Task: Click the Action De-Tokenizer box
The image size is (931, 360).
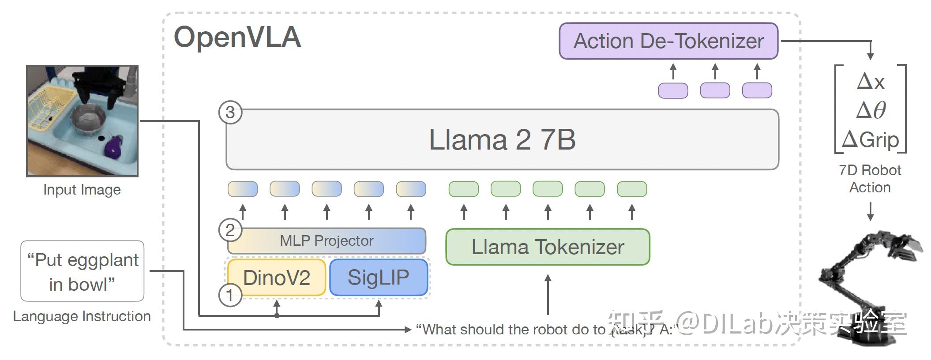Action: click(668, 41)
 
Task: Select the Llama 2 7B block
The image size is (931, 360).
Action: click(502, 139)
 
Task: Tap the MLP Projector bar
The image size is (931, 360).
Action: click(327, 240)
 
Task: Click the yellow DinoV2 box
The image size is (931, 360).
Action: click(277, 277)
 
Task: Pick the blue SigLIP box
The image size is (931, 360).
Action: click(379, 277)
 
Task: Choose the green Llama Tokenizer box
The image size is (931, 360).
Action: click(548, 247)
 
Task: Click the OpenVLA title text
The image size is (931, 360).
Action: click(237, 37)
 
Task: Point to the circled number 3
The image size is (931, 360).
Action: click(230, 112)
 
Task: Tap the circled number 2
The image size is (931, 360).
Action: click(230, 230)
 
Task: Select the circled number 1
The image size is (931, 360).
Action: click(230, 295)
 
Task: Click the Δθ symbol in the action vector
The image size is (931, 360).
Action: click(871, 110)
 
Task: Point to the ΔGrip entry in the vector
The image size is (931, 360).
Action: click(870, 140)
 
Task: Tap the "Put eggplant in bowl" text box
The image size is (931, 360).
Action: click(83, 271)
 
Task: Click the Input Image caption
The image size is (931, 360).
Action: click(82, 190)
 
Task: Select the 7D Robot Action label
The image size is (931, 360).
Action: click(870, 179)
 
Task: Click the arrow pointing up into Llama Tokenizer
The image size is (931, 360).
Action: click(548, 293)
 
